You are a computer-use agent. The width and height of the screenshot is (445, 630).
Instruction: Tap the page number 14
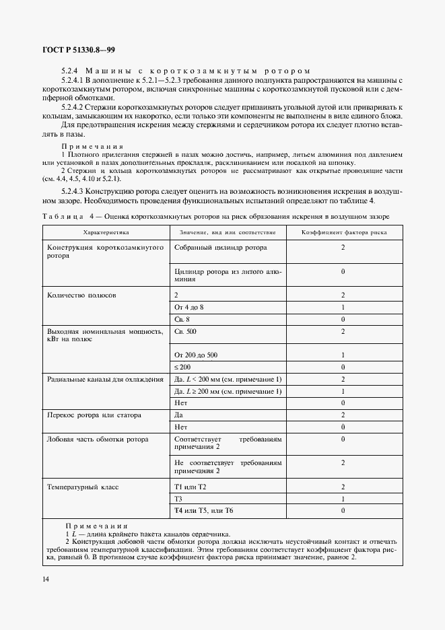pos(46,580)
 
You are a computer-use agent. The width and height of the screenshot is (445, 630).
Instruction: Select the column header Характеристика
pos(105,232)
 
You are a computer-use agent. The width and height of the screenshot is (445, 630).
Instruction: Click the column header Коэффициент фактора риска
pos(343,232)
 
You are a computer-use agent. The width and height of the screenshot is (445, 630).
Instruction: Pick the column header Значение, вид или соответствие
pos(227,232)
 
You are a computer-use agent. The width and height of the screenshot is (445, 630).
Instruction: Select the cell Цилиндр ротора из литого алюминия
pos(228,275)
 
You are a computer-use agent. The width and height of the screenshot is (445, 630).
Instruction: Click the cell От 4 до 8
pos(189,307)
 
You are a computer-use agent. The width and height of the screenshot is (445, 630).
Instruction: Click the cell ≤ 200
pos(183,367)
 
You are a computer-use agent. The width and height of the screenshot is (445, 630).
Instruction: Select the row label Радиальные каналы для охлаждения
pos(105,380)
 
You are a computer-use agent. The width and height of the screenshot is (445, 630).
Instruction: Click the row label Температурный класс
pos(83,487)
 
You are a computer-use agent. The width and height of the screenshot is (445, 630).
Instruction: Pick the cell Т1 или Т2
pos(190,487)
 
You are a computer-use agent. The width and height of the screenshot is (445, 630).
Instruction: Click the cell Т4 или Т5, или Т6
pos(203,511)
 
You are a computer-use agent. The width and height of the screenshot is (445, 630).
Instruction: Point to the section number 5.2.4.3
pos(75,192)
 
